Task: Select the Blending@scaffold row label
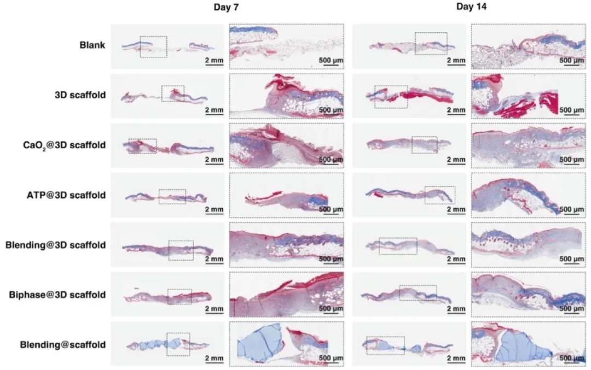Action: (x=66, y=344)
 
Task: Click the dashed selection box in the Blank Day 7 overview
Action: (x=153, y=46)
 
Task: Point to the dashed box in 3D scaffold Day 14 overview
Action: (x=391, y=96)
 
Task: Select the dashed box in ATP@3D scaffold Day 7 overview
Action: (x=172, y=197)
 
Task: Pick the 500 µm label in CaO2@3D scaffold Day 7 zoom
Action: (x=331, y=159)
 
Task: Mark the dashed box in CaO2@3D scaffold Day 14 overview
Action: (x=424, y=145)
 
